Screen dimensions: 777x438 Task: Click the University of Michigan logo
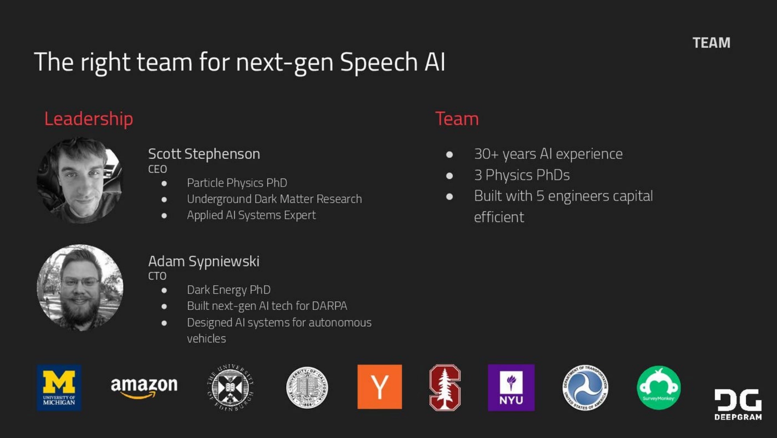59,387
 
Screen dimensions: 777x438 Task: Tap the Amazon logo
144,387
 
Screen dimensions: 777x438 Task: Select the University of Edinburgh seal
230,387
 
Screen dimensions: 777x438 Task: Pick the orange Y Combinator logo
379,387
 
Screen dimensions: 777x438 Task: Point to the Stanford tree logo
445,387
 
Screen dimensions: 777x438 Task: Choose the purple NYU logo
511,388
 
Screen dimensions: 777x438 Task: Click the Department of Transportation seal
585,388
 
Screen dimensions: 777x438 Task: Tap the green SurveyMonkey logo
658,388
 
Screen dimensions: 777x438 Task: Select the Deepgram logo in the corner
738,404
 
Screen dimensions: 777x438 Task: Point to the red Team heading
457,119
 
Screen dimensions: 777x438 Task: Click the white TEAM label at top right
711,43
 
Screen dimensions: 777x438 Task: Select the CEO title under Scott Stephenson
157,169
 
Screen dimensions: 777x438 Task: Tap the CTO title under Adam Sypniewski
157,276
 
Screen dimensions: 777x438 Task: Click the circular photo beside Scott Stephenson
80,181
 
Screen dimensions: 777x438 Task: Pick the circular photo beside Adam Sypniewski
80,288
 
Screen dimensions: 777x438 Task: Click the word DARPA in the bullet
329,306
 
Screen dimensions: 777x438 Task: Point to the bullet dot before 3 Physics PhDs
449,175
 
